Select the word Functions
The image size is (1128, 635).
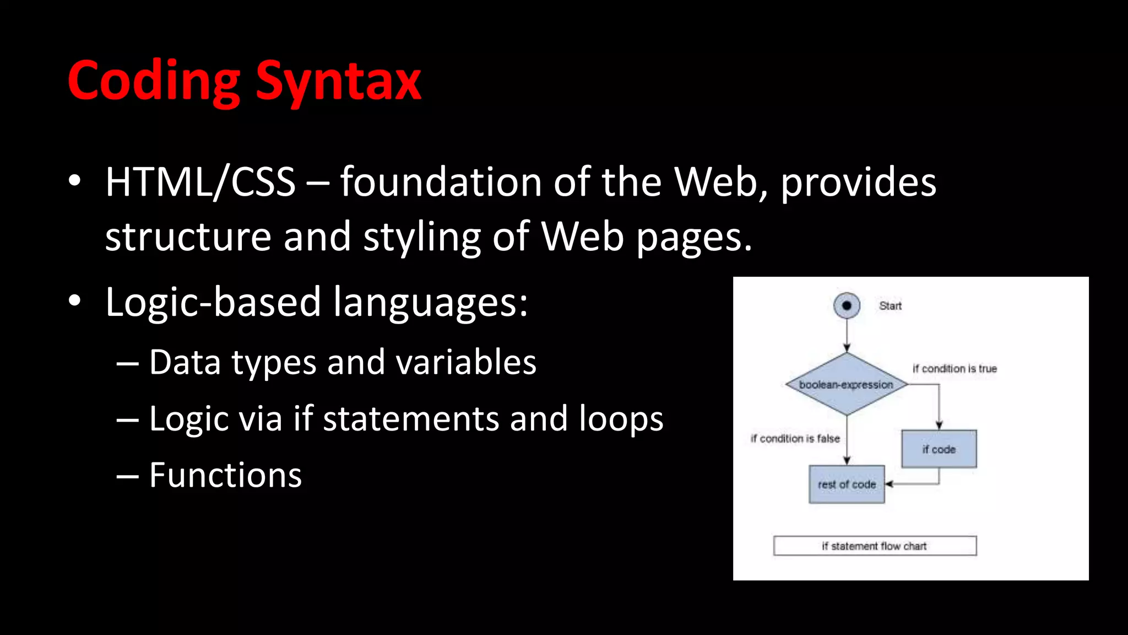225,475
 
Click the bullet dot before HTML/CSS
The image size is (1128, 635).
75,181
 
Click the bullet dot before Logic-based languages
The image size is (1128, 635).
75,301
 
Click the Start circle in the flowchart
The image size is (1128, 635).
847,305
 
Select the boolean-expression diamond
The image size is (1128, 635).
847,384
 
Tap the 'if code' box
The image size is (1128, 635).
939,449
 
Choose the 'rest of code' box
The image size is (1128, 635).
847,485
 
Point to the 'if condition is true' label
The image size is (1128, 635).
955,369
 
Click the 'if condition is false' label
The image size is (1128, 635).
795,439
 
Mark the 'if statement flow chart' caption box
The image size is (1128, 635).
875,546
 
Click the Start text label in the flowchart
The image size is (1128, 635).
890,306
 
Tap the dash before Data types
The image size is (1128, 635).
128,363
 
